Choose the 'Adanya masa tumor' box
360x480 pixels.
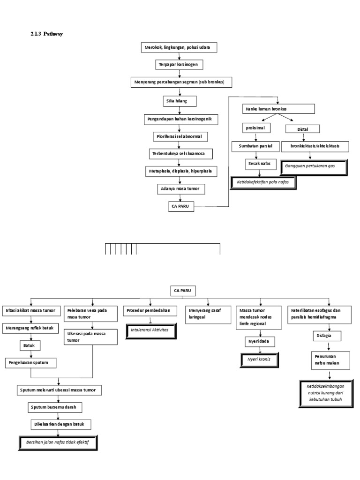pyautogui.click(x=180, y=188)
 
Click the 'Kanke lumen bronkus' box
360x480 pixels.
pyautogui.click(x=278, y=109)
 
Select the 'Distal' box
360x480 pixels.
pyautogui.click(x=303, y=129)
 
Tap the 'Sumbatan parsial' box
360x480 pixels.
pyautogui.click(x=255, y=146)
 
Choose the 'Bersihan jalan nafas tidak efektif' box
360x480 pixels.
pyautogui.click(x=58, y=442)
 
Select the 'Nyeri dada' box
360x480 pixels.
pyautogui.click(x=259, y=341)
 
